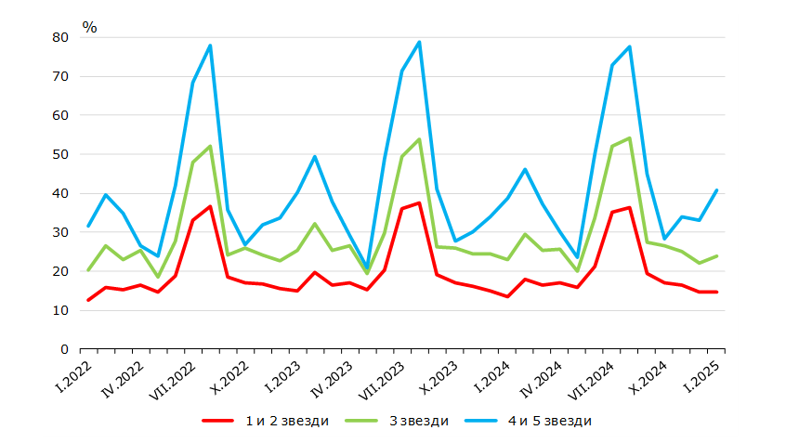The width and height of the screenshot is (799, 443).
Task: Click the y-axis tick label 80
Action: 60,37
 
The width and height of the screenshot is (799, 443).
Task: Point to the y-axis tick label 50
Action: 60,154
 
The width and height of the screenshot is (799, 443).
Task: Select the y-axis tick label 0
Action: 64,349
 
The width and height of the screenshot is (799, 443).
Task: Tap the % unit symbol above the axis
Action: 89,27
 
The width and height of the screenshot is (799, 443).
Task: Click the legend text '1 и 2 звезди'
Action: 287,421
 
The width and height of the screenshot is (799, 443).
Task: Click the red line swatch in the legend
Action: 218,421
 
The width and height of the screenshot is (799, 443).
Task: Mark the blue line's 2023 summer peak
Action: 419,42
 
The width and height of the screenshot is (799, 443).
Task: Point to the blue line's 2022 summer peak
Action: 210,46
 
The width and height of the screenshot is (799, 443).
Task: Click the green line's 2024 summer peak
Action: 629,138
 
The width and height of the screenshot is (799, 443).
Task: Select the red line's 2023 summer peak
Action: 419,203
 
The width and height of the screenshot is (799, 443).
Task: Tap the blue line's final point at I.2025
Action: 716,190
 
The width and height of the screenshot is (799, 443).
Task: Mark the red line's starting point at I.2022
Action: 88,300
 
